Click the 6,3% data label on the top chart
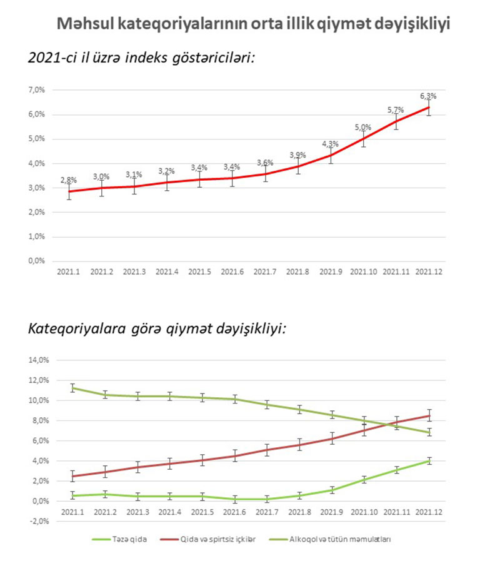coord(428,96)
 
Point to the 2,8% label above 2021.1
coord(69,180)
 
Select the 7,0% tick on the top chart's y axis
coord(37,90)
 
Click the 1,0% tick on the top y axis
coord(37,237)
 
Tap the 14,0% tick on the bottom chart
coord(39,360)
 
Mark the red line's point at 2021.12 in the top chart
coord(428,108)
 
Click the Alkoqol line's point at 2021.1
coord(72,388)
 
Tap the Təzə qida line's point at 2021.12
coord(428,461)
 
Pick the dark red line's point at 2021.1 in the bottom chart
coord(72,476)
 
